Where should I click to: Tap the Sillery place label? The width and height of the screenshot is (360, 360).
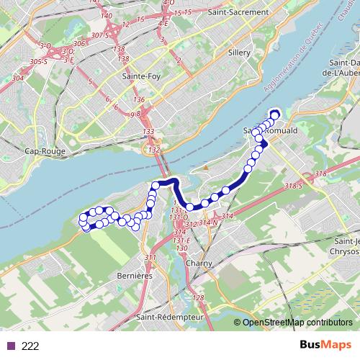click(238, 53)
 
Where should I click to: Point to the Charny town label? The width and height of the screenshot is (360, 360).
click(198, 264)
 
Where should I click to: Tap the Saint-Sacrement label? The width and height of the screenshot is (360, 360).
click(238, 12)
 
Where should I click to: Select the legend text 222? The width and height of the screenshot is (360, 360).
click(30, 346)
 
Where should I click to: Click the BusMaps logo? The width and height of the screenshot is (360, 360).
click(325, 345)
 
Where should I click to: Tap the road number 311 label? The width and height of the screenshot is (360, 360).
click(150, 258)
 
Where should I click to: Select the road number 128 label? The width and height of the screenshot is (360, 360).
click(199, 298)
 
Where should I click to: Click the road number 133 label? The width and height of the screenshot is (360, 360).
click(148, 132)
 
